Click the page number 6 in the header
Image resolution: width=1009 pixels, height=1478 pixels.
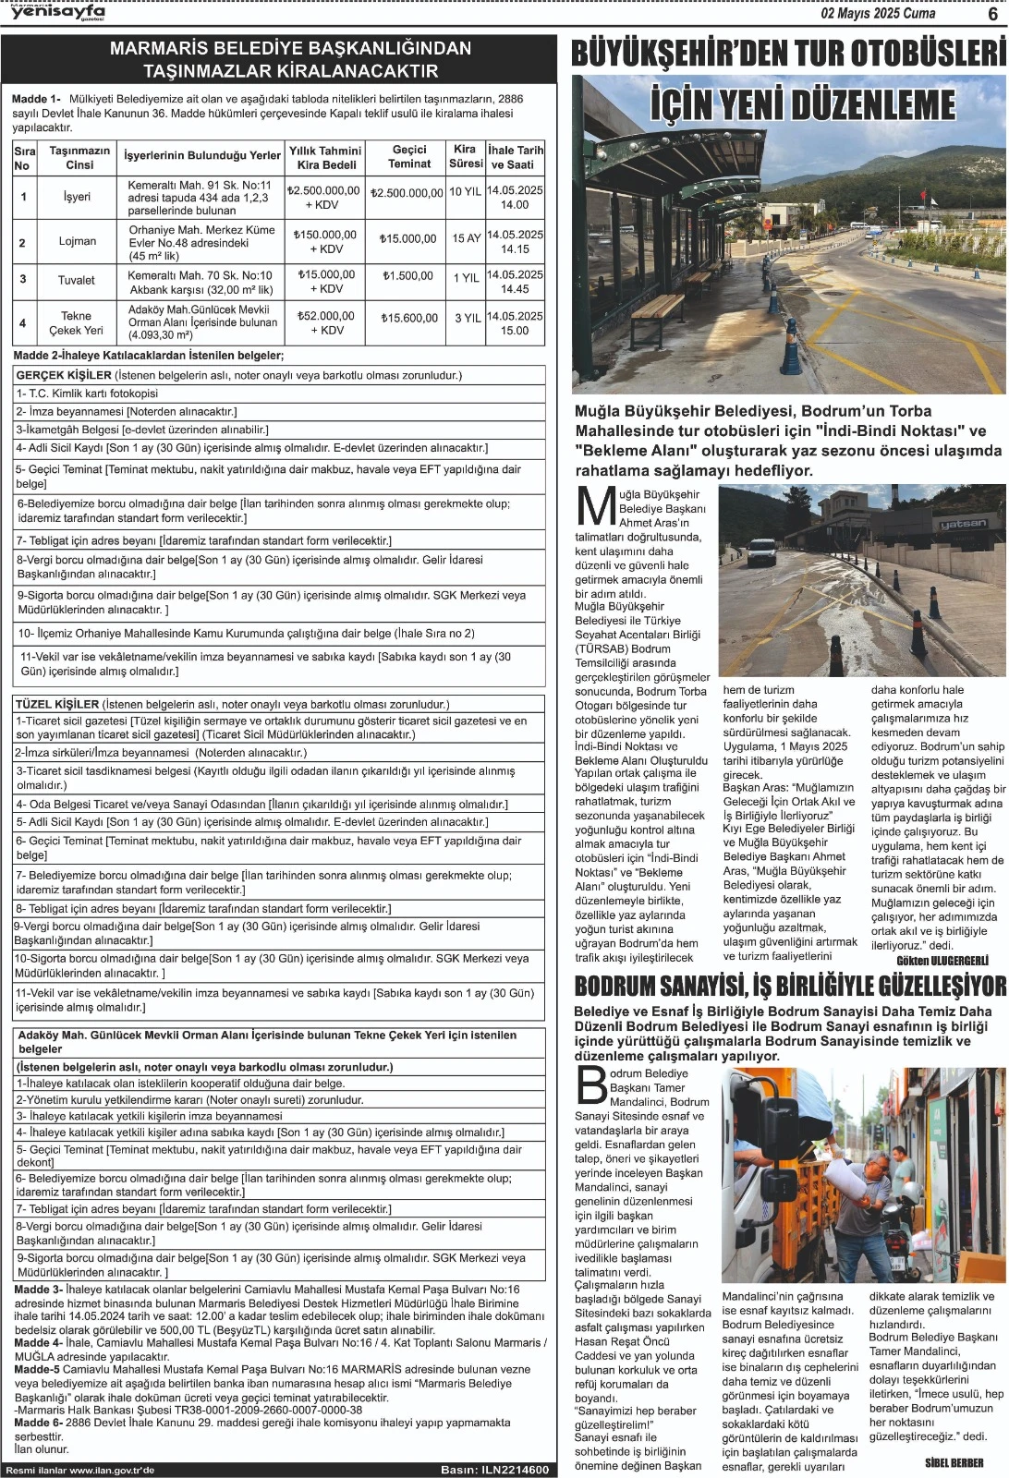[x=992, y=13]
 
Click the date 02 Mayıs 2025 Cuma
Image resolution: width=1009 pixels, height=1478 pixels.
[x=878, y=13]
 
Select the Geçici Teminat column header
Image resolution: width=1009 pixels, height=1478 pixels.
[x=409, y=156]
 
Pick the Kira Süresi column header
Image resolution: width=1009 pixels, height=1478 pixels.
[x=465, y=156]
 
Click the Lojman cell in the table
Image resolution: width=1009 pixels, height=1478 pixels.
[x=78, y=241]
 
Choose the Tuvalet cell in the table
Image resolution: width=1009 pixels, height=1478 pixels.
[x=77, y=280]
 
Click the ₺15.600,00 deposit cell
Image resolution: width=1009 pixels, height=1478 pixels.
[x=409, y=318]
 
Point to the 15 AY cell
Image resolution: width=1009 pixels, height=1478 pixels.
[x=466, y=238]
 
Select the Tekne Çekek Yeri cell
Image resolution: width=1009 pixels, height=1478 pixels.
[x=77, y=322]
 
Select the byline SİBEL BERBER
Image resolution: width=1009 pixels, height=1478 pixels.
[x=954, y=1462]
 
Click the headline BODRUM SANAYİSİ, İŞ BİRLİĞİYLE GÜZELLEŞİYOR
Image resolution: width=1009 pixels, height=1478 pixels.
[x=790, y=986]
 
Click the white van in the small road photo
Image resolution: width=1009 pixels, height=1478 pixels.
[x=760, y=551]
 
